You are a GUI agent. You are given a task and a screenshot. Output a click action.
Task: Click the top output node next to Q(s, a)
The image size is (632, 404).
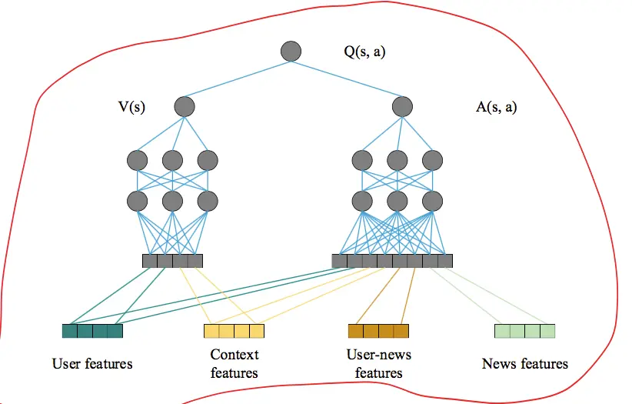tap(291, 52)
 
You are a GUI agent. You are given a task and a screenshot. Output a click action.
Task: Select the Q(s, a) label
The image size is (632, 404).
tap(366, 52)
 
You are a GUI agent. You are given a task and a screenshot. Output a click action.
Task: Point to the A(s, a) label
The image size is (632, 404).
tap(497, 107)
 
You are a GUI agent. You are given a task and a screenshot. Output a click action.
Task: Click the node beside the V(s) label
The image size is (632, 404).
tap(185, 106)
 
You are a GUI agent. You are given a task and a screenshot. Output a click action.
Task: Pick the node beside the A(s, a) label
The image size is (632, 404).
tap(402, 106)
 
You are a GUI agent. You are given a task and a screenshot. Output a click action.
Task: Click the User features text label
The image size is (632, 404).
tap(92, 363)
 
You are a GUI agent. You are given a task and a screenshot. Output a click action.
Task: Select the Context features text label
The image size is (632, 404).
tap(235, 364)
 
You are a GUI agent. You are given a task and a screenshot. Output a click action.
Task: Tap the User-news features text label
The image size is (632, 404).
tap(379, 364)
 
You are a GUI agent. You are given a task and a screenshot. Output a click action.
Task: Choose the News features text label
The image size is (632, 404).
tap(524, 363)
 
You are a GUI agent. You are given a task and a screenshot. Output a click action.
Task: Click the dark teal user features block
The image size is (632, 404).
tap(92, 332)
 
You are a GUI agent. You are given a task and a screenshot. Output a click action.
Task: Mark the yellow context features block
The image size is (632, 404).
tap(234, 332)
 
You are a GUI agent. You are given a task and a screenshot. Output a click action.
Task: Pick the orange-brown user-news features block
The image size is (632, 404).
tap(378, 332)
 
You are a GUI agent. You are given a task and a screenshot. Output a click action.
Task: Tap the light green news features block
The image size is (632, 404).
tap(524, 332)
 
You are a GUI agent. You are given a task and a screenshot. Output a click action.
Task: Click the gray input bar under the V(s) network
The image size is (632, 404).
tap(172, 261)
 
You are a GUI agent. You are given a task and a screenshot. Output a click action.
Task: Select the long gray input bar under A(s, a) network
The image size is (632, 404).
tap(392, 261)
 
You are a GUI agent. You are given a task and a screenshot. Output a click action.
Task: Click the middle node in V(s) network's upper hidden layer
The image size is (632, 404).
tap(172, 160)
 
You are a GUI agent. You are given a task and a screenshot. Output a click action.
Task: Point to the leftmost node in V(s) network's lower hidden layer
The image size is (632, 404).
tap(137, 201)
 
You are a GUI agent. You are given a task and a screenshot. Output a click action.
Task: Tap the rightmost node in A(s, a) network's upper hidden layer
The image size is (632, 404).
tap(433, 160)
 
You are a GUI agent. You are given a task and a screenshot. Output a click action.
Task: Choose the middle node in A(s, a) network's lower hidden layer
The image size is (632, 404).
tap(397, 201)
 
